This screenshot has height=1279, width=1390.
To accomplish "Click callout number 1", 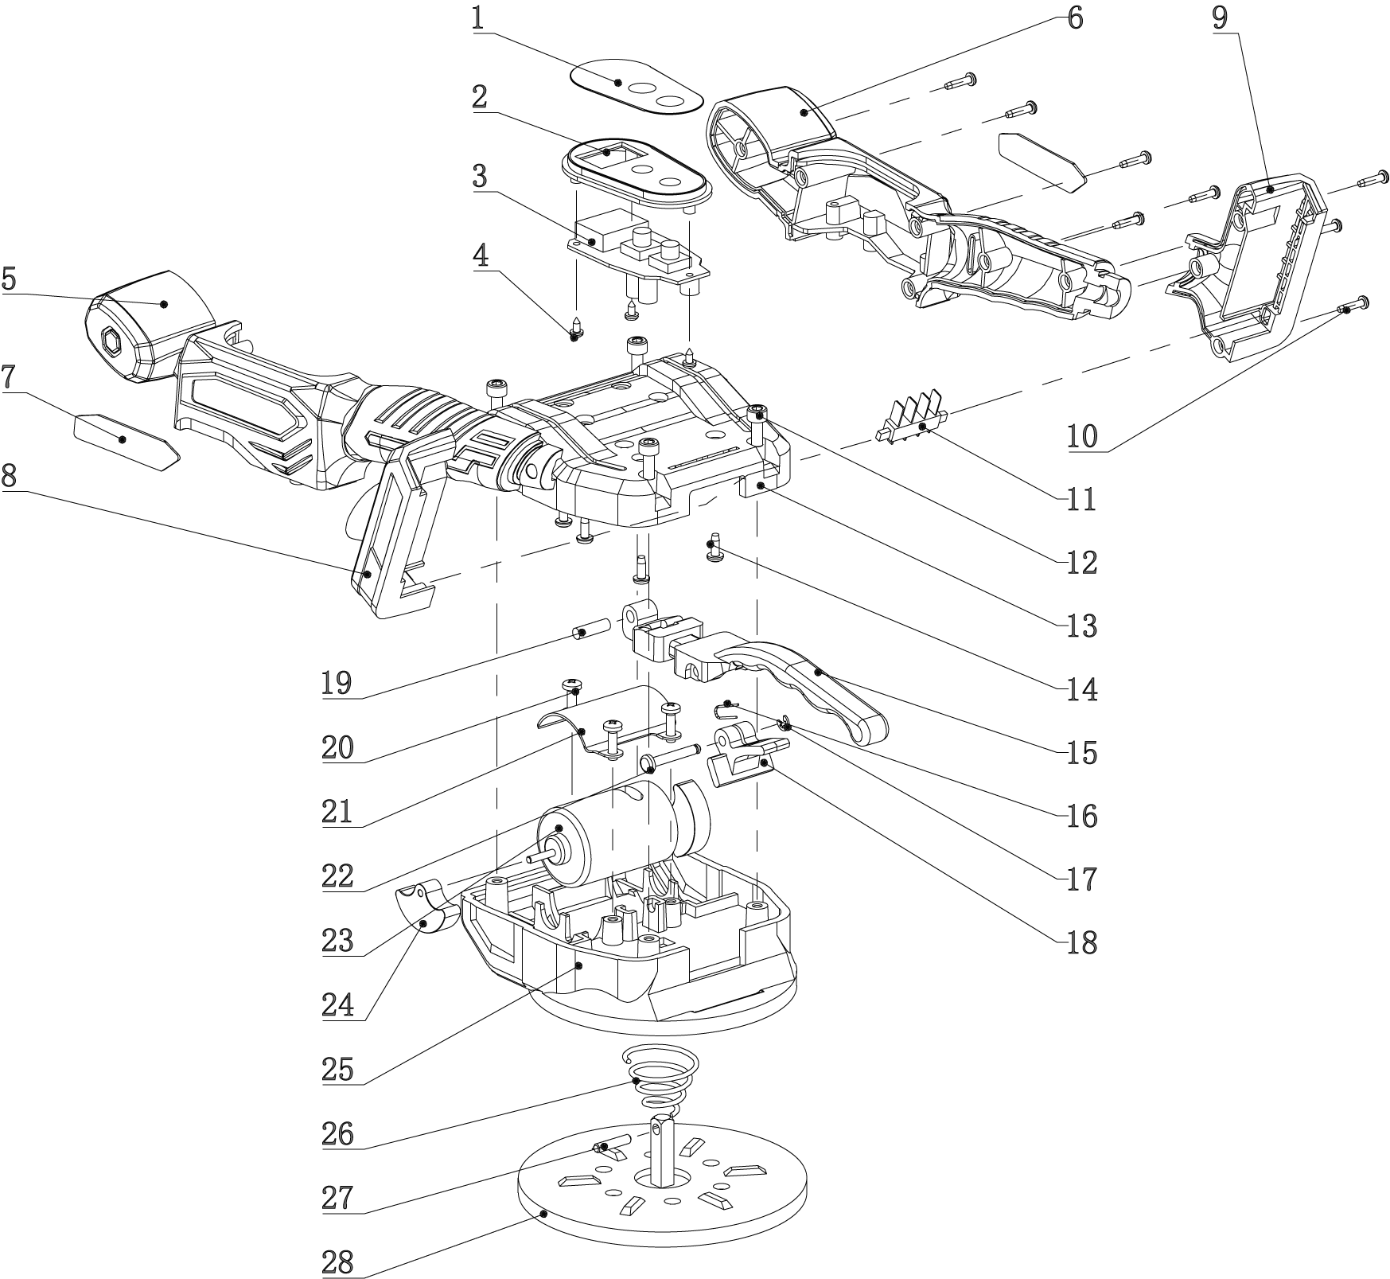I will [477, 18].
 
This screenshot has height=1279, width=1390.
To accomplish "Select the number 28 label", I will [338, 1262].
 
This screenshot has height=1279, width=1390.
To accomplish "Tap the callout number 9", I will [1220, 18].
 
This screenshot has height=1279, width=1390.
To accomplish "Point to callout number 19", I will [337, 683].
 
